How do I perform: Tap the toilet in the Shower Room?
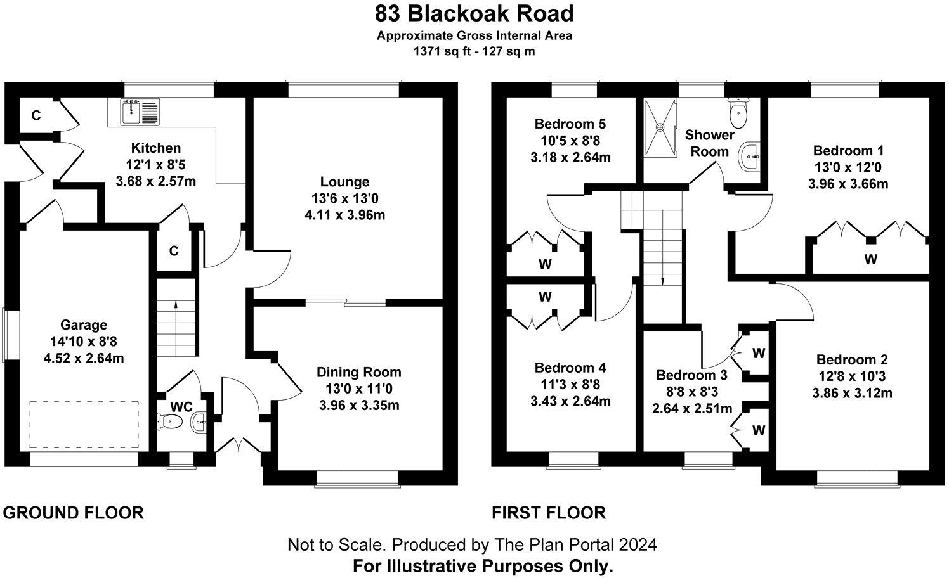[738, 113]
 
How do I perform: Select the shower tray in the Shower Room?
[660, 128]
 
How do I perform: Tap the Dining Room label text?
[359, 372]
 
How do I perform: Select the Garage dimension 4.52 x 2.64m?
[83, 358]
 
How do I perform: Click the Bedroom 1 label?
[848, 151]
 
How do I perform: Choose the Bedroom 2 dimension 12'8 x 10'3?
[852, 376]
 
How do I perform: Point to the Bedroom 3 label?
[691, 375]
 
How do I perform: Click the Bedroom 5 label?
[570, 124]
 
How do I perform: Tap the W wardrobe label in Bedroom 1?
[870, 259]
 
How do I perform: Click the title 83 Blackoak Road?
[474, 13]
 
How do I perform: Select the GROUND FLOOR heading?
[74, 512]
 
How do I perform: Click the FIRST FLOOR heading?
[549, 512]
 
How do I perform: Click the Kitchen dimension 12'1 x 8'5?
[155, 165]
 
